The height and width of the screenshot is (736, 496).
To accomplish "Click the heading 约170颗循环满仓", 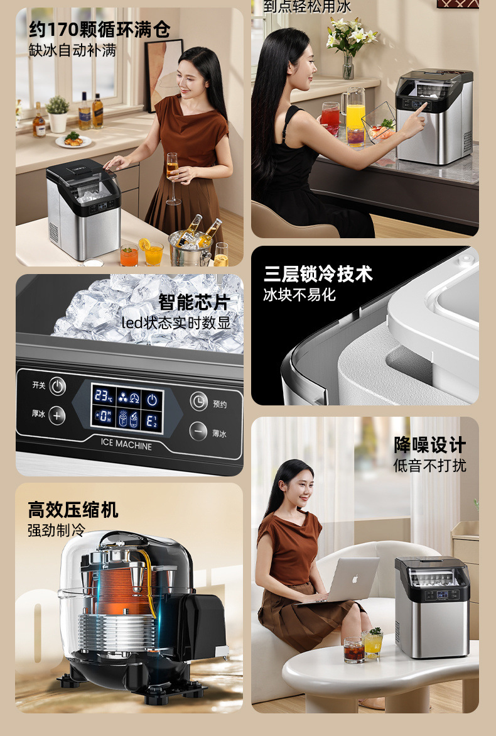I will [99, 30].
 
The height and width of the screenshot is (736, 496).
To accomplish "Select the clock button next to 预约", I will [199, 401].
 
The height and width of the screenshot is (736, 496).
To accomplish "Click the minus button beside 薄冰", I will [199, 431].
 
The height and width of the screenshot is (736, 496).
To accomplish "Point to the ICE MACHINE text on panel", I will [126, 445].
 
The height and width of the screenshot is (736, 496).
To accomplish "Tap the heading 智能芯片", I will [194, 302].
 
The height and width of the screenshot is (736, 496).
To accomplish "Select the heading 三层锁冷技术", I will [318, 274].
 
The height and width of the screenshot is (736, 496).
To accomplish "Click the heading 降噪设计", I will [429, 445].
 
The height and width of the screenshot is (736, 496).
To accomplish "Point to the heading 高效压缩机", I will [73, 509].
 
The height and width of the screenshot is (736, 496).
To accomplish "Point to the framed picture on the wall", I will [163, 72].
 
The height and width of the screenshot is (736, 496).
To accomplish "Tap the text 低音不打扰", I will [429, 466].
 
